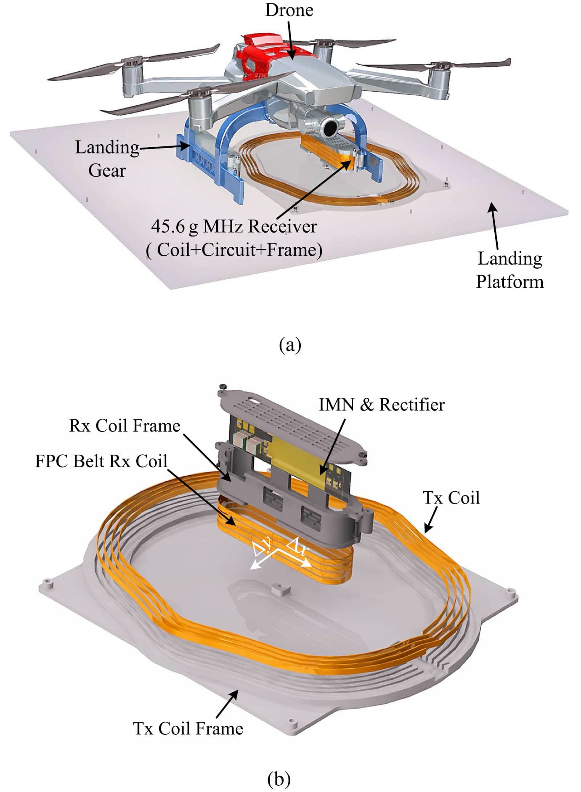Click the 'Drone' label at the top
pos(289,10)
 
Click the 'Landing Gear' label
pos(107,159)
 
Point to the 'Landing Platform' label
pos(509,270)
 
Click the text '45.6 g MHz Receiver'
pos(234,227)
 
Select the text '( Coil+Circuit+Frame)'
pos(234,250)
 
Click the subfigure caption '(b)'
pos(279,779)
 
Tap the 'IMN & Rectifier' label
pos(381,405)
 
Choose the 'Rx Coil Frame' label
pos(125,426)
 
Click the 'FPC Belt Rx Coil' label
pos(101,461)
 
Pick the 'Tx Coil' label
pos(451,498)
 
